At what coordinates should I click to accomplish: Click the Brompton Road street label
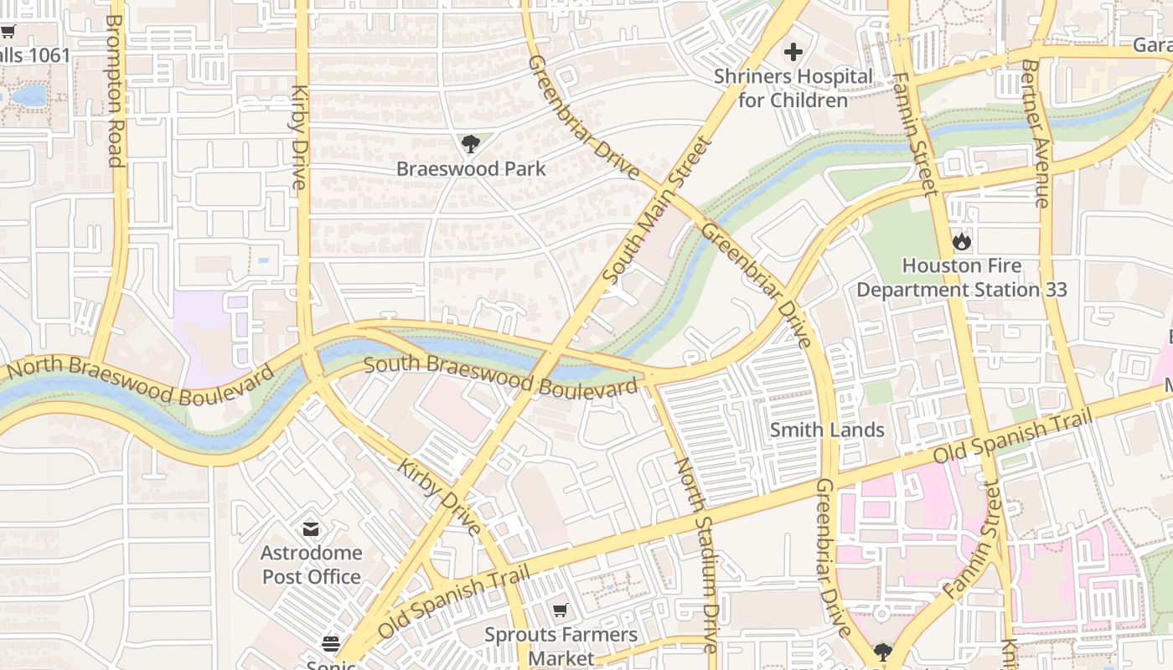click(x=115, y=90)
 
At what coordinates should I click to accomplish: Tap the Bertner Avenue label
click(x=1036, y=133)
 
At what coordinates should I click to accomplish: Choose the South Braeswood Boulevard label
click(x=501, y=378)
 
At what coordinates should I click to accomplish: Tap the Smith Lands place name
click(x=827, y=430)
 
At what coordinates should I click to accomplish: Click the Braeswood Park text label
click(x=471, y=168)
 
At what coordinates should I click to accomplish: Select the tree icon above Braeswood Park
click(x=471, y=144)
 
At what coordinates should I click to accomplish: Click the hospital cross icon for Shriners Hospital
click(x=793, y=52)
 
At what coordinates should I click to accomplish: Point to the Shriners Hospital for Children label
click(x=793, y=88)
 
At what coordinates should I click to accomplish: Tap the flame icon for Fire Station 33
click(x=961, y=242)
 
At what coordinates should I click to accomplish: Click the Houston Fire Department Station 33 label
click(x=961, y=278)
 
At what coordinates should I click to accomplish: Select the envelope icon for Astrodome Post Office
click(x=311, y=529)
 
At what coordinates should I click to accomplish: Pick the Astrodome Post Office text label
click(x=311, y=564)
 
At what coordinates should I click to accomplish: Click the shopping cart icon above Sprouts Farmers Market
click(x=560, y=611)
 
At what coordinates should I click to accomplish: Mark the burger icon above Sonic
click(x=331, y=644)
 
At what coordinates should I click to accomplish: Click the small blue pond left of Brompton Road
click(x=28, y=95)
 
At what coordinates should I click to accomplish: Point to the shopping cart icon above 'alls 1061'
click(x=8, y=32)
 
